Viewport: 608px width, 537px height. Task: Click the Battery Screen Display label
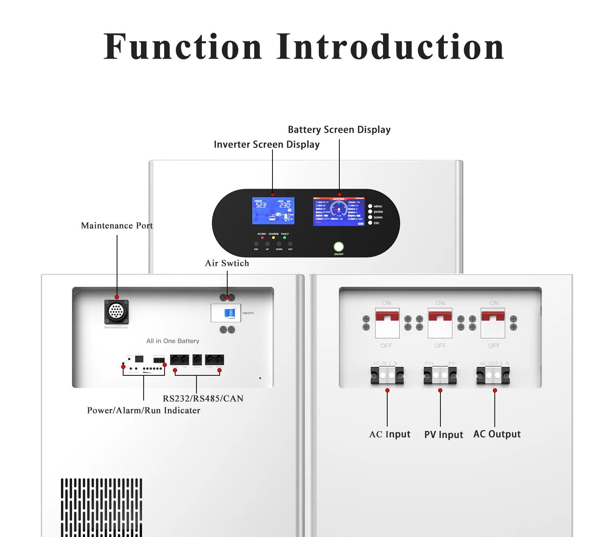pyautogui.click(x=339, y=130)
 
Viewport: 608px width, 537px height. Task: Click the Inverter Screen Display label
pyautogui.click(x=266, y=145)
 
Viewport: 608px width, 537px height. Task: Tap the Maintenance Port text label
pyautogui.click(x=117, y=226)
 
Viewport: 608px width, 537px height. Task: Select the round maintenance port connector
pyautogui.click(x=116, y=311)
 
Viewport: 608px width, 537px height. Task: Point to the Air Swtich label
pyautogui.click(x=227, y=263)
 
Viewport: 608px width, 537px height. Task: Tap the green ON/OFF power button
pyautogui.click(x=339, y=246)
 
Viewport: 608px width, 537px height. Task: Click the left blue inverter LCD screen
pyautogui.click(x=273, y=210)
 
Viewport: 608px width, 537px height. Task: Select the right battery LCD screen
pyautogui.click(x=339, y=211)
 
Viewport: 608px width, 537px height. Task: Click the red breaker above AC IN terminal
pyautogui.click(x=387, y=316)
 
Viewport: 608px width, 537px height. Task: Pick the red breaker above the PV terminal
pyautogui.click(x=440, y=316)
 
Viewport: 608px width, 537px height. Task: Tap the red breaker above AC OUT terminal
pyautogui.click(x=493, y=316)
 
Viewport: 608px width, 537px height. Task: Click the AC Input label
pyautogui.click(x=389, y=434)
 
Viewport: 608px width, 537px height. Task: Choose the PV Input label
pyautogui.click(x=443, y=435)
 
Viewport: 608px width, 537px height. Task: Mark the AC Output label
pyautogui.click(x=497, y=434)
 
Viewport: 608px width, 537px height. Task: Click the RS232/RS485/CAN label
pyautogui.click(x=203, y=399)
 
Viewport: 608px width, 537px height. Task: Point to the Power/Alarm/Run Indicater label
pyautogui.click(x=143, y=410)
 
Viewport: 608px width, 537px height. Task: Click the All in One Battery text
pyautogui.click(x=173, y=341)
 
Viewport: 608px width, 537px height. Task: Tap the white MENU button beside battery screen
pyautogui.click(x=370, y=206)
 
